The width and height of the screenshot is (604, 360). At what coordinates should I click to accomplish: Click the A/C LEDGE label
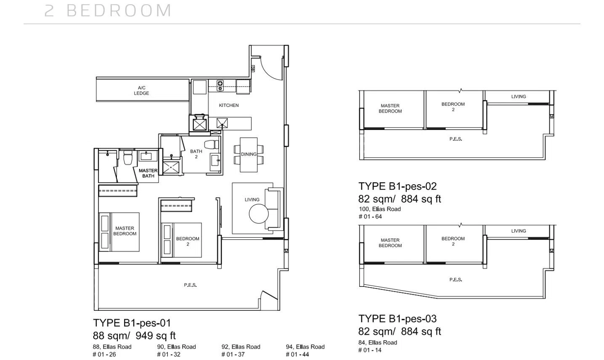tap(141, 90)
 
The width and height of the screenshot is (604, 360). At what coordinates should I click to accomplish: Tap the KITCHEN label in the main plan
tap(229, 106)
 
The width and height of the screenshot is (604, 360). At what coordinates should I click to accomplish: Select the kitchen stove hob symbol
tap(220, 85)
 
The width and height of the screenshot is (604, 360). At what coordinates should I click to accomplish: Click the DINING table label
tap(249, 154)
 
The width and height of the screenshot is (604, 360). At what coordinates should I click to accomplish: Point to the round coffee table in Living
tap(259, 214)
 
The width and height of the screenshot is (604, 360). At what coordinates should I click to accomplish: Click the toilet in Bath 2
tap(212, 145)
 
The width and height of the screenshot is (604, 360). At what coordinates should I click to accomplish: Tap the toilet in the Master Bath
tap(127, 157)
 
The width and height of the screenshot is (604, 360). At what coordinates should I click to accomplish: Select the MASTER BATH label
tap(148, 173)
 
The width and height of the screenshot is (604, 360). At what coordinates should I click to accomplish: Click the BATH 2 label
tap(196, 154)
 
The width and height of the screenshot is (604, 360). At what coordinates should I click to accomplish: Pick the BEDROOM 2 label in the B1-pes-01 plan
tap(188, 241)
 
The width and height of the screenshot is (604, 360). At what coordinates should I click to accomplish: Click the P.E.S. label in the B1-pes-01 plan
tap(191, 285)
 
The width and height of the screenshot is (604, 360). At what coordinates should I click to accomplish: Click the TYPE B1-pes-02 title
tap(397, 186)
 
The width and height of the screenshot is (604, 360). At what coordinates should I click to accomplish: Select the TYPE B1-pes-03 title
tap(397, 319)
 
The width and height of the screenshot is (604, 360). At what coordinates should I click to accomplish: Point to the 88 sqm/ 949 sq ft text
tap(134, 336)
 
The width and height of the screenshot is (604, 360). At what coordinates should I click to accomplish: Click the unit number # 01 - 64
tap(370, 217)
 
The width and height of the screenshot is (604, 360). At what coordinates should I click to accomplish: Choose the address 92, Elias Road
tap(241, 347)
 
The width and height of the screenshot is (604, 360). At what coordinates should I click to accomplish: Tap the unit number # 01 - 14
tap(370, 350)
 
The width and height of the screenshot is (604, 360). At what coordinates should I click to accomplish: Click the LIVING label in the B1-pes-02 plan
tap(519, 97)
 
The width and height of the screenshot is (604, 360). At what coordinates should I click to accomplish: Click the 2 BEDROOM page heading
tap(108, 11)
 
